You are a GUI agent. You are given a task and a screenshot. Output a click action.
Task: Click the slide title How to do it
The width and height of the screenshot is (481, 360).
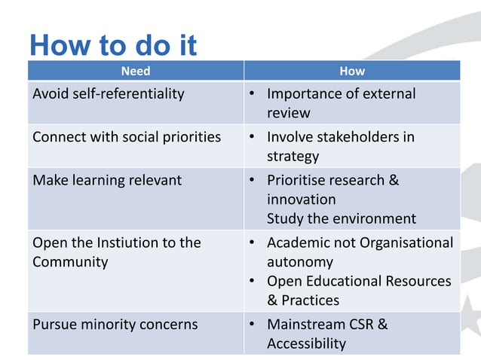(113, 45)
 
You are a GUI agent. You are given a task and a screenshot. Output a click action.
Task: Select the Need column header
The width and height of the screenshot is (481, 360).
(136, 71)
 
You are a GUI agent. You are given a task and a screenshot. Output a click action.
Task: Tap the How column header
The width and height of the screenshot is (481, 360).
(352, 71)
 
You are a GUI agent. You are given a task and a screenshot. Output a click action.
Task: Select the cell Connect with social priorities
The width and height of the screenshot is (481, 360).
(127, 137)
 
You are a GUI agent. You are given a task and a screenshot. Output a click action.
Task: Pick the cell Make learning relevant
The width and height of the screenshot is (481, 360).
(107, 181)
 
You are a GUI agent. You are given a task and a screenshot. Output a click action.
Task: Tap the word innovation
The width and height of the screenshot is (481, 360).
(301, 200)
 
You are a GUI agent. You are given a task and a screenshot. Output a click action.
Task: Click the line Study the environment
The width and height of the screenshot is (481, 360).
(341, 219)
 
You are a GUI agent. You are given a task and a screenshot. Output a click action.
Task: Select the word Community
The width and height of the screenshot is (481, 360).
(70, 262)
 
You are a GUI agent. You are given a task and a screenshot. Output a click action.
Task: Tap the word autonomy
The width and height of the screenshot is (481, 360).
(300, 262)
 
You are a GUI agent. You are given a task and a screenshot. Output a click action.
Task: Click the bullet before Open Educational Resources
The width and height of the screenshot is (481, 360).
(253, 281)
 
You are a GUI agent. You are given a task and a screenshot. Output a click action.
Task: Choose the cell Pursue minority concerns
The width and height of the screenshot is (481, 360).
(115, 325)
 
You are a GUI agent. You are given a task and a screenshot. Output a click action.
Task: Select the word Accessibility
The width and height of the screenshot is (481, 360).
(306, 344)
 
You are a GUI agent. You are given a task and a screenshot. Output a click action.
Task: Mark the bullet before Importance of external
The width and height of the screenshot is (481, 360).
(253, 94)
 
